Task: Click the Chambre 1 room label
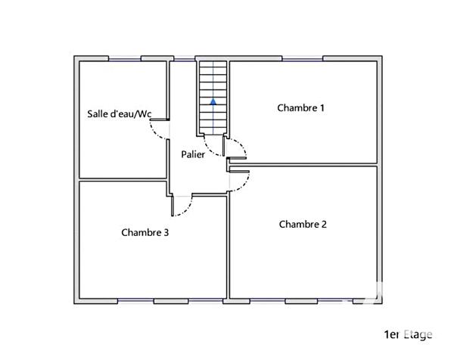tap(300, 108)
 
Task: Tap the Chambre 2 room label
tap(303, 225)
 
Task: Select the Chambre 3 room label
tap(145, 233)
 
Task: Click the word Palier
tap(192, 154)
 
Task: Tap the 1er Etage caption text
tap(408, 334)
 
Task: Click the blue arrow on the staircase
tap(213, 100)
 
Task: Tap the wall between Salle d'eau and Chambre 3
tap(121, 180)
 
